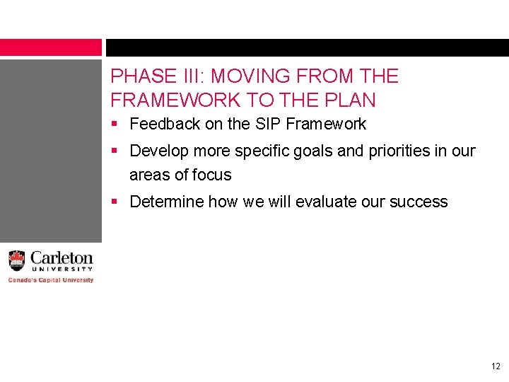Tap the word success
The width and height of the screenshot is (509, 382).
pyautogui.click(x=421, y=202)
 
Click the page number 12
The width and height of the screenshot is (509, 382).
pyautogui.click(x=494, y=366)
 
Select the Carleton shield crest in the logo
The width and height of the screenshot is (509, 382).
pyautogui.click(x=17, y=260)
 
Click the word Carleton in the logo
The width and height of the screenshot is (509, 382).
pyautogui.click(x=61, y=258)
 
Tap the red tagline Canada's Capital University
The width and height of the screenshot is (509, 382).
pyautogui.click(x=51, y=280)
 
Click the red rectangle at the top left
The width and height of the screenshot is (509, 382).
pyautogui.click(x=51, y=47)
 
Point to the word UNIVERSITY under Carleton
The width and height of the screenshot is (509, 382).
pyautogui.click(x=62, y=270)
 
